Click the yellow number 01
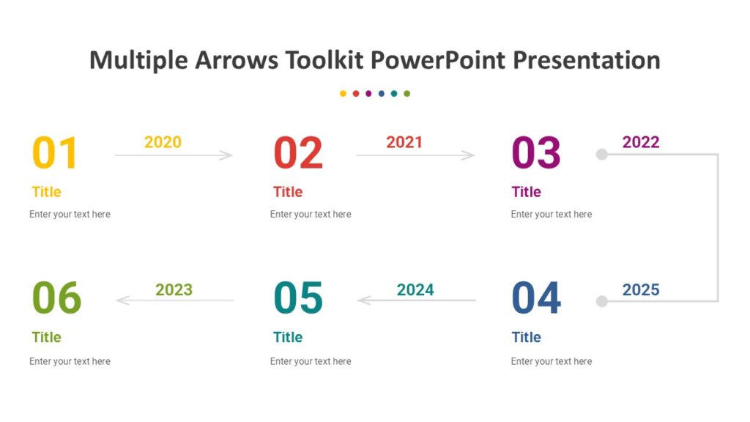pos(55,153)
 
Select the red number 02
pos(297,153)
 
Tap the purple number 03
pos(536,153)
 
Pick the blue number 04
pos(536,298)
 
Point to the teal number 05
pos(297,298)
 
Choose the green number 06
pos(56,298)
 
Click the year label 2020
pos(163,142)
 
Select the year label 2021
pos(404,142)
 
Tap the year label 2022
pos(641,142)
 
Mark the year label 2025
pos(641,290)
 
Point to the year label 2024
pos(415,290)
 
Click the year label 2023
pos(174,290)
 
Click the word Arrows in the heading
pos(237,60)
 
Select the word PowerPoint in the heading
pos(437,60)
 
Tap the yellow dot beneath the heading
pos(343,94)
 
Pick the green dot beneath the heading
pos(407,94)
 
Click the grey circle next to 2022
pos(602,154)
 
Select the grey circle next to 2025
pos(602,301)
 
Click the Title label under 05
pos(288,338)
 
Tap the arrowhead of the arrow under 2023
pos(122,300)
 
